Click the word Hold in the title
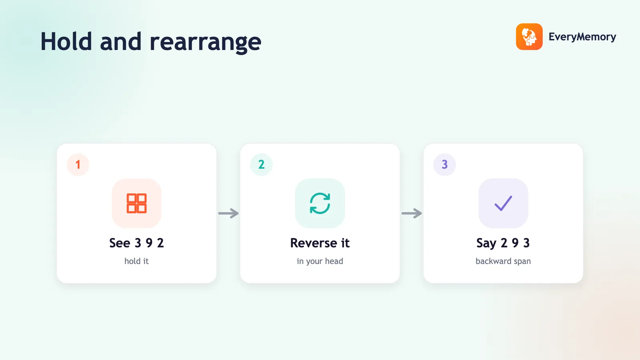point(66,42)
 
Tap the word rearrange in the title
point(206,43)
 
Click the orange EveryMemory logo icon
point(529,36)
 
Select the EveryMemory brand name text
point(582,37)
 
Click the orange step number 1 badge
point(78,164)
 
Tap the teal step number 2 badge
point(261,164)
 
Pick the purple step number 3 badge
point(444,164)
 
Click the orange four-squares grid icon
point(136,204)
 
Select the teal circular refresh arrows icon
point(320,204)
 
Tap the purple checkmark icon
point(503,203)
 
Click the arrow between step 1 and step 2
point(228,213)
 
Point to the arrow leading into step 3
point(412,213)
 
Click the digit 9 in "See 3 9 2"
point(149,243)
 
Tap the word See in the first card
point(120,243)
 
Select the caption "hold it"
point(136,261)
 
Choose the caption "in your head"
point(320,262)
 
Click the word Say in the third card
point(486,244)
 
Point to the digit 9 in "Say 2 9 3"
point(515,243)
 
